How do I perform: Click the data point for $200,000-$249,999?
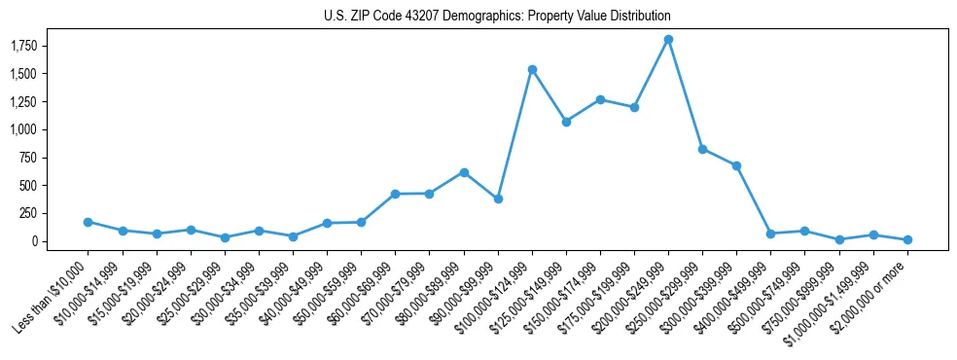coord(668,40)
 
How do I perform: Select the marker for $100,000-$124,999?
coord(532,70)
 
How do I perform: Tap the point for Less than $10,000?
coord(88,222)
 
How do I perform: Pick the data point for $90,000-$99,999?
coord(498,198)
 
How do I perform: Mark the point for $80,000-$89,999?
coord(464,172)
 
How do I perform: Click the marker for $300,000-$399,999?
coord(736,165)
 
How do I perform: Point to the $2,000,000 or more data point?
coord(907,239)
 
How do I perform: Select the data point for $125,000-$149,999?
coord(566,122)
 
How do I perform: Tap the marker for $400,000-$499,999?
coord(770,234)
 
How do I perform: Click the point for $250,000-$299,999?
coord(702,149)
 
